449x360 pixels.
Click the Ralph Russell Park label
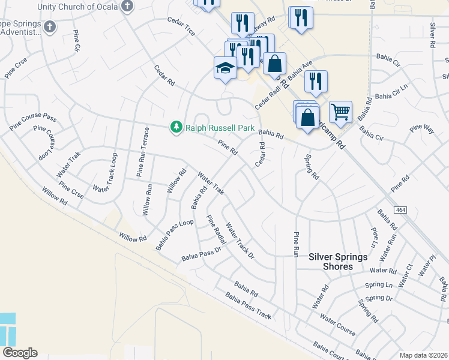pos(220,128)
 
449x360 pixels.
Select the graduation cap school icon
pos(225,68)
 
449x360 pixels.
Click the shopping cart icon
pos(340,110)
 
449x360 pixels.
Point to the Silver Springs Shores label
pos(338,261)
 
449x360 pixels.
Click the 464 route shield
pos(400,210)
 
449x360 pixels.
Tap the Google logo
pos(20,353)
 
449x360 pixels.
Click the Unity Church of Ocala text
pos(78,6)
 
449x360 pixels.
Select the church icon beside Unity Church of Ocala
pos(127,6)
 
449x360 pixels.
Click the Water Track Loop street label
pos(104,173)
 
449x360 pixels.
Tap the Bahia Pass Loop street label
pos(174,235)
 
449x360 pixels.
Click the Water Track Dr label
pos(240,241)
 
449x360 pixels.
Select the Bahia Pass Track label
pos(249,305)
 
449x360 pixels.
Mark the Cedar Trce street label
pos(181,27)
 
